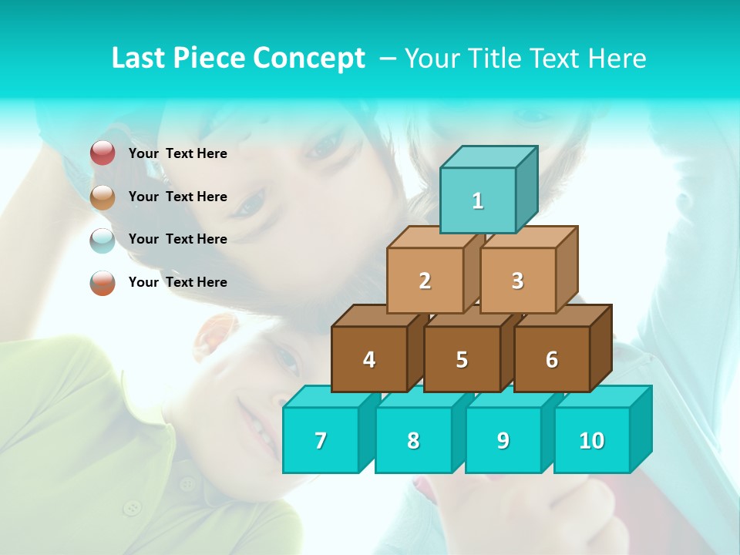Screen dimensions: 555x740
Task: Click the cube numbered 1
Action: coord(478,200)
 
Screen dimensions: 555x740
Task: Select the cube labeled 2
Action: coord(425,281)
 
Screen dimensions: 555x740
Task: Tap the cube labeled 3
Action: coord(517,281)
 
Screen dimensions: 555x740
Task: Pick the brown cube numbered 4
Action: coord(369,359)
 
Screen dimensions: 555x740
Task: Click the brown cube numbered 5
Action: coord(462,359)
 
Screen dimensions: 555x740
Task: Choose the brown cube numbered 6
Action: coord(552,359)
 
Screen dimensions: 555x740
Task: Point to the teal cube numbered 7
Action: coord(321,440)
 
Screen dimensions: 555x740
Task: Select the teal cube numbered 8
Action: coord(413,440)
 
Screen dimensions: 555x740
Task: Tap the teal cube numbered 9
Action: coord(503,440)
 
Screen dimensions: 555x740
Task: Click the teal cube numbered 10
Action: coord(592,440)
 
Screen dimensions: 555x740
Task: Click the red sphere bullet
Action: coord(103,153)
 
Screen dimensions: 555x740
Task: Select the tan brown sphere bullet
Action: coord(103,197)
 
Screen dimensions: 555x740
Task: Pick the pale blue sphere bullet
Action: coord(103,240)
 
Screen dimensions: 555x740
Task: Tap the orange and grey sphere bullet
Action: coord(103,282)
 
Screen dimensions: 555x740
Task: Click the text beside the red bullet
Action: coord(178,153)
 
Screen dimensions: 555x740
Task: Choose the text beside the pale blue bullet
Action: coord(178,239)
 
